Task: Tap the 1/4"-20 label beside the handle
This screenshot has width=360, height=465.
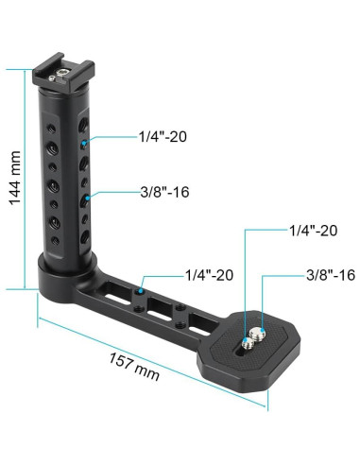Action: pyautogui.click(x=163, y=137)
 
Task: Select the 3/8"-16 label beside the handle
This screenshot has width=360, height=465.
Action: pyautogui.click(x=163, y=193)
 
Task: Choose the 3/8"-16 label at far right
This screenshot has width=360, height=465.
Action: pyautogui.click(x=330, y=275)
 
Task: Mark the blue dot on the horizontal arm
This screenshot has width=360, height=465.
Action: pyautogui.click(x=140, y=293)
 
